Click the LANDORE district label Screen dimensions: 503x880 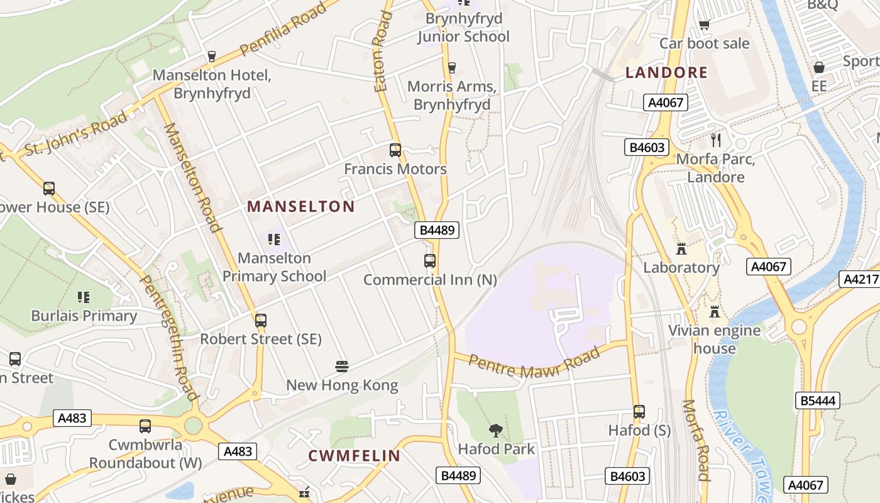(x=666, y=72)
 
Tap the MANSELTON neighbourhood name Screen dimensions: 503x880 (x=301, y=206)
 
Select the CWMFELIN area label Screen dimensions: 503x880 (x=354, y=456)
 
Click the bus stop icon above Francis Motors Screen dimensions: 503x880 (x=395, y=150)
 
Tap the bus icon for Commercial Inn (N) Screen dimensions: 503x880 (x=430, y=260)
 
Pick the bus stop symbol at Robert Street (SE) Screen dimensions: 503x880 (x=261, y=320)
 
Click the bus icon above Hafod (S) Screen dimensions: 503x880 (x=639, y=412)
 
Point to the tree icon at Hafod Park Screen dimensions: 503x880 (x=496, y=431)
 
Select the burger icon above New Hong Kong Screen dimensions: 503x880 (x=342, y=367)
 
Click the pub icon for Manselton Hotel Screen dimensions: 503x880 (x=212, y=57)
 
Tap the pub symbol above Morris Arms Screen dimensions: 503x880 (x=451, y=67)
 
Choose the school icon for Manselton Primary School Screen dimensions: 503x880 (x=274, y=239)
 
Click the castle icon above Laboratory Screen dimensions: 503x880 (x=681, y=248)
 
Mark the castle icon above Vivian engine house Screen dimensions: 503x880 (x=714, y=311)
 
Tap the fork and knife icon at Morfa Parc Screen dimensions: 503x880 (x=715, y=140)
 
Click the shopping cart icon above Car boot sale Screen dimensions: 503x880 (x=704, y=25)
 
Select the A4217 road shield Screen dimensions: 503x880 (x=859, y=279)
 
